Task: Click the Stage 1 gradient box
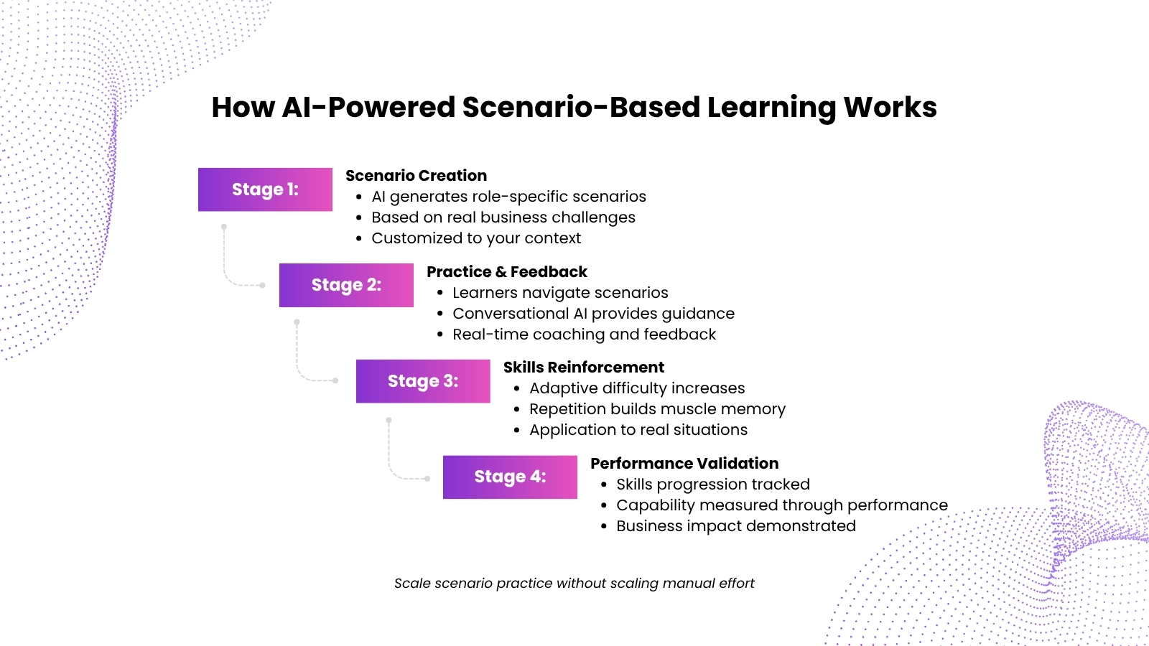tap(265, 189)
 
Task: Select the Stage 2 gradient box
tap(346, 286)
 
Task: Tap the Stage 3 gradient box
tap(423, 381)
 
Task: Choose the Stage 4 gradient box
tap(510, 477)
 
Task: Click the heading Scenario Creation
tap(416, 176)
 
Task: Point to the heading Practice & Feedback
tap(507, 272)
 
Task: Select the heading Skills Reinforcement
tap(584, 368)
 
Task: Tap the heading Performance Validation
tap(684, 464)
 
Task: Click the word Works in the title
tap(890, 107)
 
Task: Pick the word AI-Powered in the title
tap(369, 107)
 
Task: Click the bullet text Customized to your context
tap(476, 238)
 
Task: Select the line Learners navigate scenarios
tap(560, 293)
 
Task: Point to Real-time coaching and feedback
tap(585, 334)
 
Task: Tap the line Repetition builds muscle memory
tap(657, 409)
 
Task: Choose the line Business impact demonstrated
tap(736, 526)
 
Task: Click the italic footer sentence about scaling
tap(574, 584)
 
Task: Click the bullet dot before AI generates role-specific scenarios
tap(359, 197)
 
